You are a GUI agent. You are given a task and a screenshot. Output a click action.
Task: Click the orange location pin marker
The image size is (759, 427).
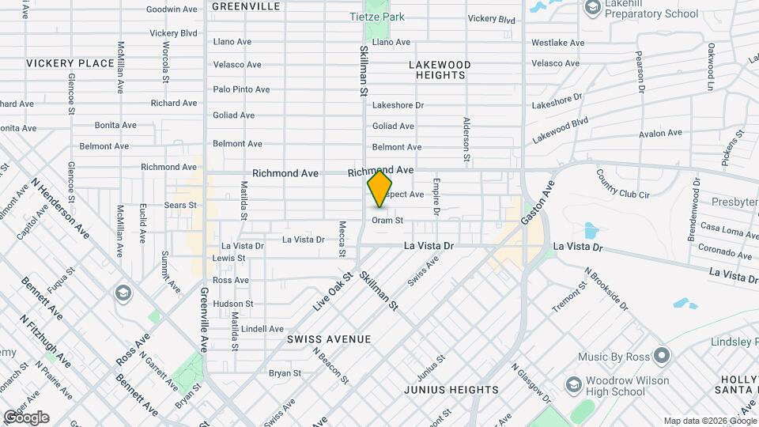click(x=380, y=189)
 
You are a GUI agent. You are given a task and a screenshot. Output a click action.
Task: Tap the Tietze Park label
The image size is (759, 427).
click(x=377, y=16)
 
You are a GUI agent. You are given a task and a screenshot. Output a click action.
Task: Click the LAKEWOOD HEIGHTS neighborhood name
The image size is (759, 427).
click(x=439, y=70)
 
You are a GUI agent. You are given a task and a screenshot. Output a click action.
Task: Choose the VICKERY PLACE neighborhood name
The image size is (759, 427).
click(x=70, y=63)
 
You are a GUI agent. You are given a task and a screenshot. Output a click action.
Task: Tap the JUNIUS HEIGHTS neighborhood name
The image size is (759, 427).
click(x=451, y=390)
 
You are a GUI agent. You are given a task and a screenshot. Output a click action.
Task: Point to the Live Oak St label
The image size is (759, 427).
click(x=331, y=292)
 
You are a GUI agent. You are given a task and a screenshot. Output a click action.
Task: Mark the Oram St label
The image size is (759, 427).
click(x=387, y=221)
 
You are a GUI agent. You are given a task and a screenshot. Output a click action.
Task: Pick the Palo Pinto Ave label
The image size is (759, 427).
click(x=242, y=89)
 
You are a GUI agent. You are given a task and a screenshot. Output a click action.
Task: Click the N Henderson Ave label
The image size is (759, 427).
click(x=61, y=208)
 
